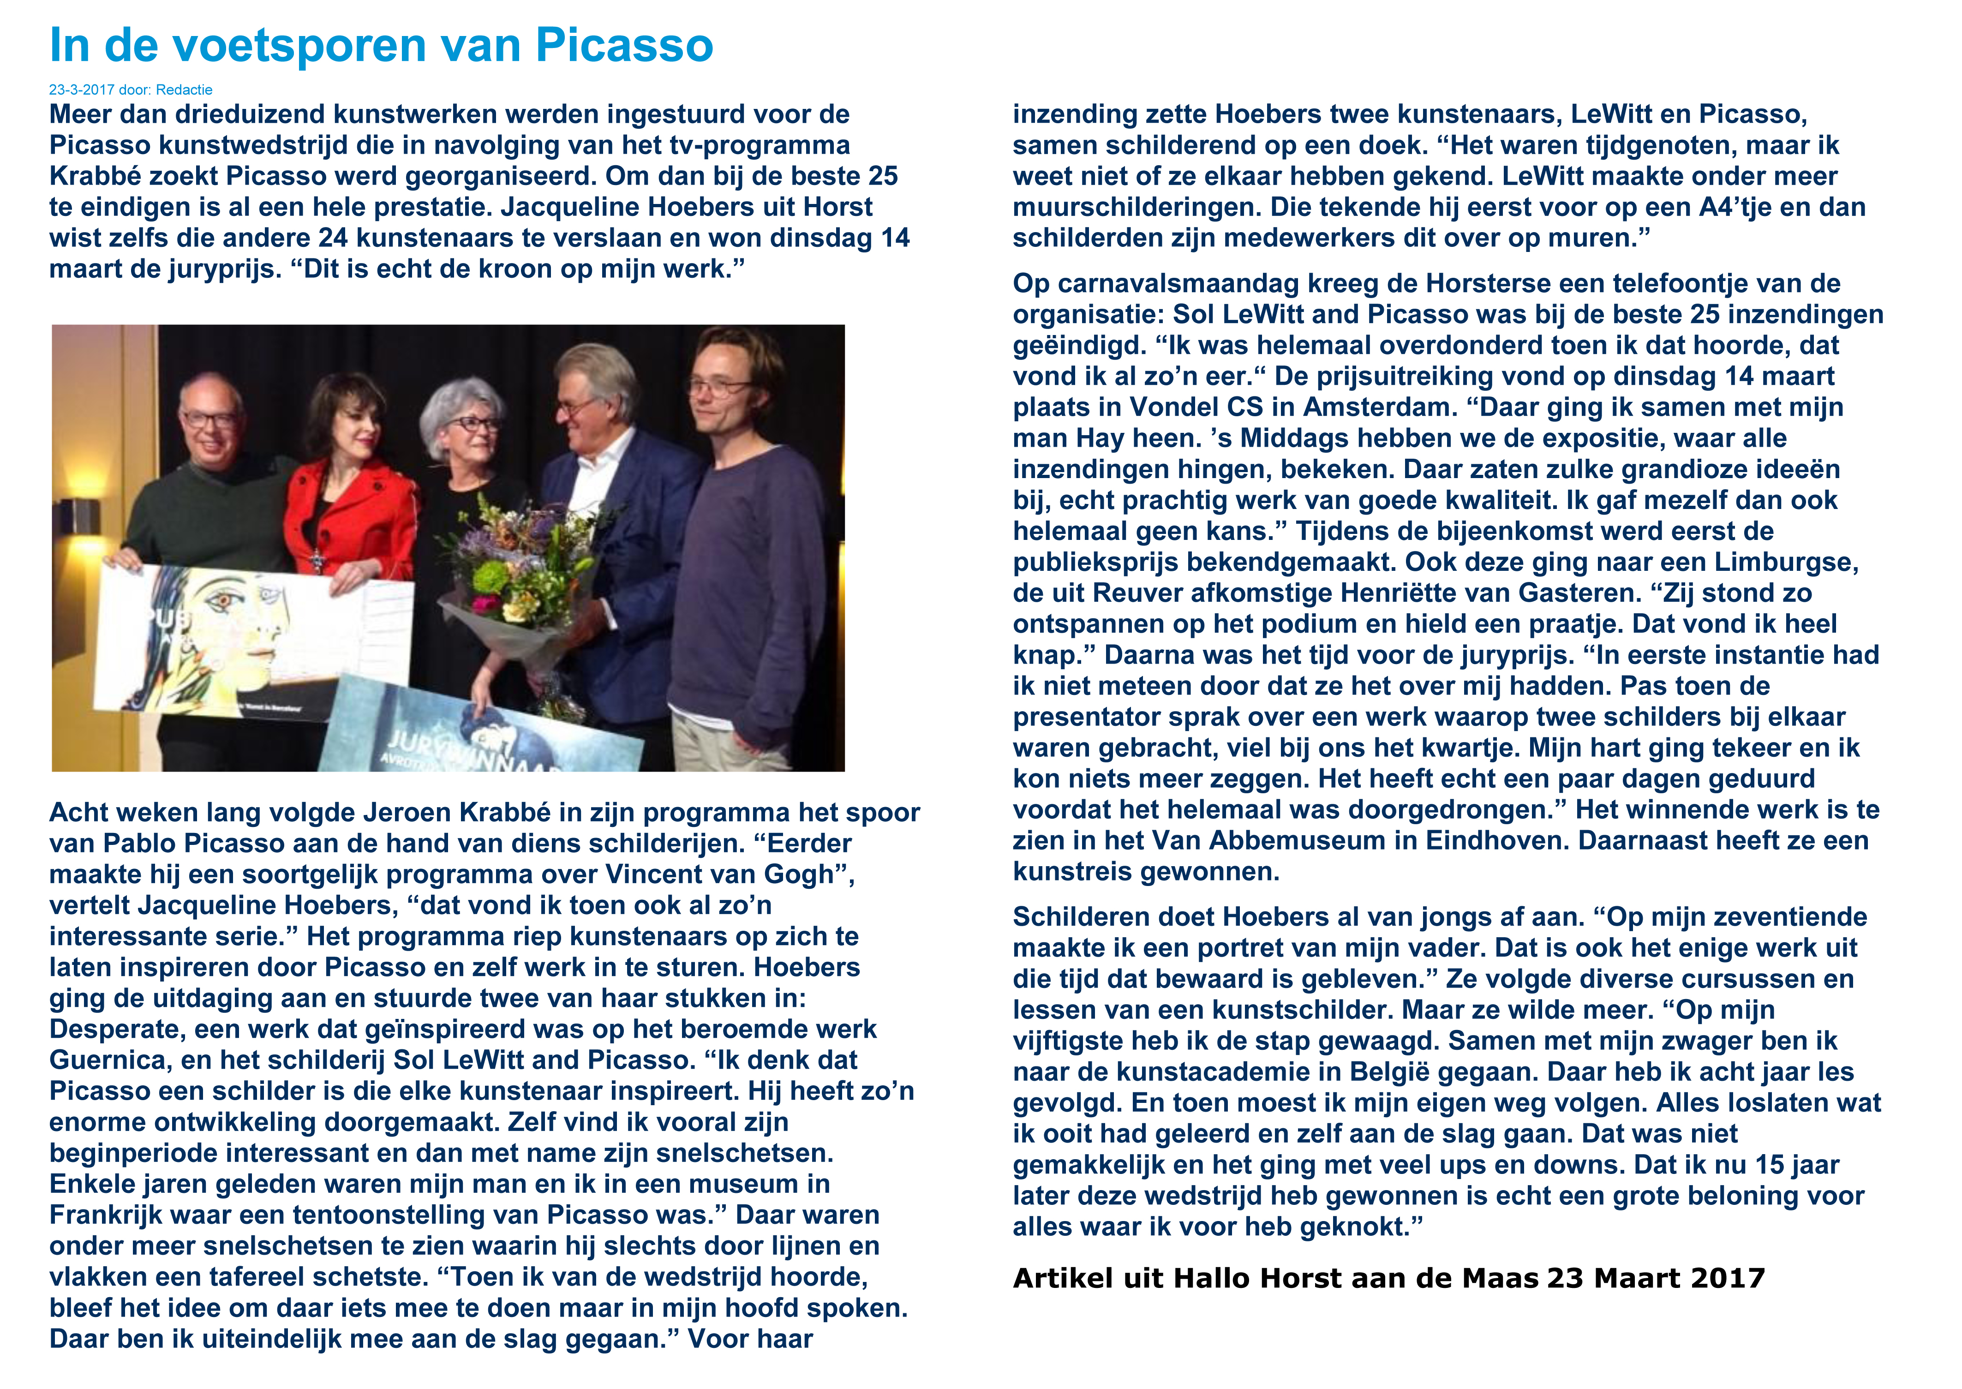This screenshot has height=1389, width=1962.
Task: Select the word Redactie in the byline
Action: [x=184, y=90]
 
